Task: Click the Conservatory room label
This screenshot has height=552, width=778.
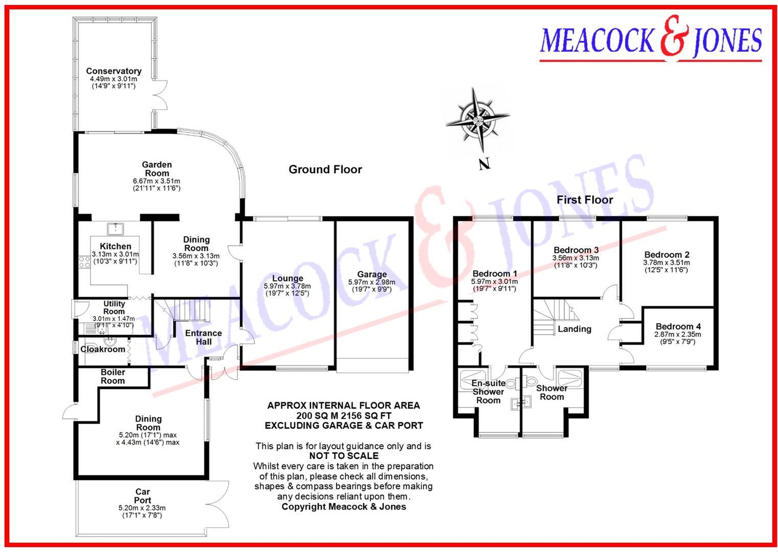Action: [114, 71]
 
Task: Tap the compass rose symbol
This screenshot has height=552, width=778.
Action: [477, 121]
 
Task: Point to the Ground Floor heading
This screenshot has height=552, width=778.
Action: [325, 169]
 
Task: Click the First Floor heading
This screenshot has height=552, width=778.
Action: [584, 200]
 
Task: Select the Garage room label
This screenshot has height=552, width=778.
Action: [371, 274]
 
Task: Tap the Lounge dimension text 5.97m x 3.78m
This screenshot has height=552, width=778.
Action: [287, 286]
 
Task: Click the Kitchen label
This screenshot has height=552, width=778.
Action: [115, 246]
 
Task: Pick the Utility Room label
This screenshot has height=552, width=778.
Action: [114, 307]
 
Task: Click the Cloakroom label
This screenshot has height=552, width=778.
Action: [103, 349]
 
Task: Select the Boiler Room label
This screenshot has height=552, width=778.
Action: [113, 376]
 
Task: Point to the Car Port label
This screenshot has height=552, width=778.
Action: [142, 496]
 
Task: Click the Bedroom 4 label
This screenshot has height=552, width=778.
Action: [678, 326]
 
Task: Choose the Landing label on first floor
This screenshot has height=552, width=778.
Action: [574, 329]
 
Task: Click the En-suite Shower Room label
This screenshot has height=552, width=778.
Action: [488, 392]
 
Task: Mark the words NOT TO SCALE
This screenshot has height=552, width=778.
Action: [344, 456]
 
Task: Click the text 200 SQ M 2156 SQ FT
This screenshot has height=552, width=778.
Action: [344, 416]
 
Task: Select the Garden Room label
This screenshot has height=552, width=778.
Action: [157, 169]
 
